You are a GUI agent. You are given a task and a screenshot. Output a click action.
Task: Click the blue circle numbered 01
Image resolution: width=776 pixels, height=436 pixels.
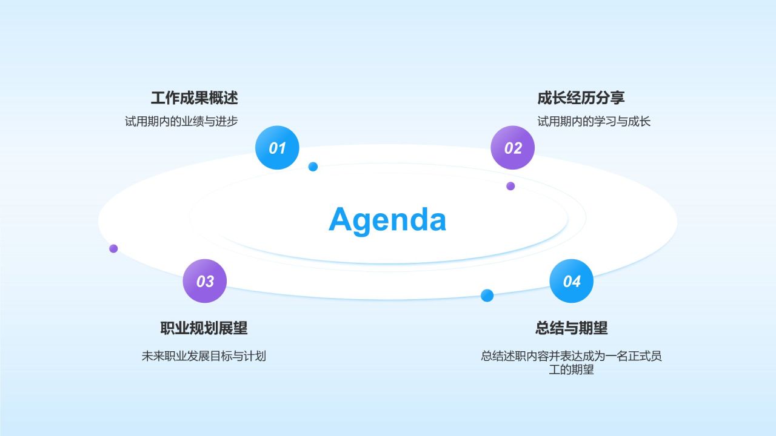pyautogui.click(x=277, y=148)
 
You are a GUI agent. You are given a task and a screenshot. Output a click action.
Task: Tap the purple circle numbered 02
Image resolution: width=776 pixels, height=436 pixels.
pyautogui.click(x=513, y=148)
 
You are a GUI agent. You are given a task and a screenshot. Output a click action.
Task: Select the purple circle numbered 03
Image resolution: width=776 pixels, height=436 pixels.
pyautogui.click(x=205, y=281)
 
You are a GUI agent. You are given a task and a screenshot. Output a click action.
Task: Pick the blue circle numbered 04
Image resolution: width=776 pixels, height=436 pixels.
pyautogui.click(x=571, y=281)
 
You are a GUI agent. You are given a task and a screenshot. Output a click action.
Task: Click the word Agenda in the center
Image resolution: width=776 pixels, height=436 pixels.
pyautogui.click(x=387, y=220)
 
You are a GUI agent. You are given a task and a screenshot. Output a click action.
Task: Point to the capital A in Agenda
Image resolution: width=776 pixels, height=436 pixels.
pyautogui.click(x=341, y=219)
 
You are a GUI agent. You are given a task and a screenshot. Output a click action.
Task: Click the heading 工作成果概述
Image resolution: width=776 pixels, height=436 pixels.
pyautogui.click(x=195, y=98)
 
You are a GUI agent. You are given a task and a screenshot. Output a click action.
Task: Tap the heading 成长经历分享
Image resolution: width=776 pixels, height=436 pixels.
pyautogui.click(x=581, y=98)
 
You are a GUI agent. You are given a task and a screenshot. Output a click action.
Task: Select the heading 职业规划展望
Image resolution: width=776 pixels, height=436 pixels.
pyautogui.click(x=204, y=328)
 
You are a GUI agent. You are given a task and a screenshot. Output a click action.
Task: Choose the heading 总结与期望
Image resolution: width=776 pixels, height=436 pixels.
pyautogui.click(x=571, y=328)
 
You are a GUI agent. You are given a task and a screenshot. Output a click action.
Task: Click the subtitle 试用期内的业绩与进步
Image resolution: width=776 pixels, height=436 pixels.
pyautogui.click(x=181, y=122)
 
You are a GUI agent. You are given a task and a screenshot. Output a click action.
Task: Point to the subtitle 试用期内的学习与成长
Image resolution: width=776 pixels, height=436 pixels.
pyautogui.click(x=594, y=122)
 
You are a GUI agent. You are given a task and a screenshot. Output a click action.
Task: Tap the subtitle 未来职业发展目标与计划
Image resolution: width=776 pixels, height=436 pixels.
pyautogui.click(x=204, y=356)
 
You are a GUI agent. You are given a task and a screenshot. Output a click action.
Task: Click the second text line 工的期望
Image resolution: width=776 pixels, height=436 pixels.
pyautogui.click(x=571, y=370)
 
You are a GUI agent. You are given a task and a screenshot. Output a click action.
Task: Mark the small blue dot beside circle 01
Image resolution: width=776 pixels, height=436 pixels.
pyautogui.click(x=313, y=167)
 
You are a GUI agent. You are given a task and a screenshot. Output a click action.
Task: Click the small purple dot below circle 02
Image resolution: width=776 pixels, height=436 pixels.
pyautogui.click(x=510, y=186)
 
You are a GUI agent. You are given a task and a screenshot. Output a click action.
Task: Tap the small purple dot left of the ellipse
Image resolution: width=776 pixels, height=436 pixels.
pyautogui.click(x=113, y=248)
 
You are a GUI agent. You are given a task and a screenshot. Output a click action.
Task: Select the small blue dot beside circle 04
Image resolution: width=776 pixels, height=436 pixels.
pyautogui.click(x=487, y=296)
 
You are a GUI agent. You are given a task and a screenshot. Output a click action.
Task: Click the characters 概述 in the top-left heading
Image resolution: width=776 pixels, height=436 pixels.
pyautogui.click(x=224, y=98)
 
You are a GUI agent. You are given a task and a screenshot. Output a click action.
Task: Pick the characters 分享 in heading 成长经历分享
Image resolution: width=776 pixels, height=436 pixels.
pyautogui.click(x=610, y=98)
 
